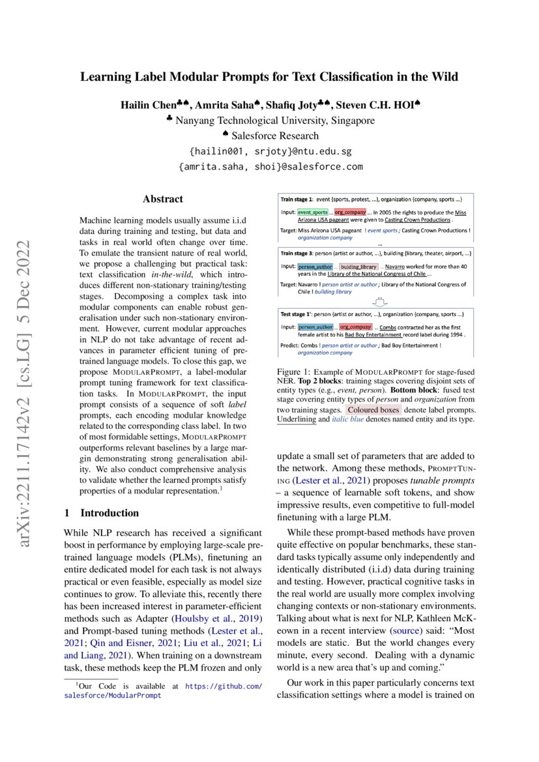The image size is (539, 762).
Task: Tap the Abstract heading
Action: [x=163, y=199]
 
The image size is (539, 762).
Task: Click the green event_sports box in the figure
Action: [x=313, y=212]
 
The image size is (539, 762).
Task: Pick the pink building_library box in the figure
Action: [x=358, y=267]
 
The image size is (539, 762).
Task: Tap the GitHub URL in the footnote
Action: [x=224, y=686]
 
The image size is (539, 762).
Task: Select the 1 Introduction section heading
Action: [x=102, y=513]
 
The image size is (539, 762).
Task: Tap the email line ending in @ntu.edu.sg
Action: [x=270, y=151]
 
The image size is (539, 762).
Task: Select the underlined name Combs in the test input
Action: [x=388, y=327]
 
